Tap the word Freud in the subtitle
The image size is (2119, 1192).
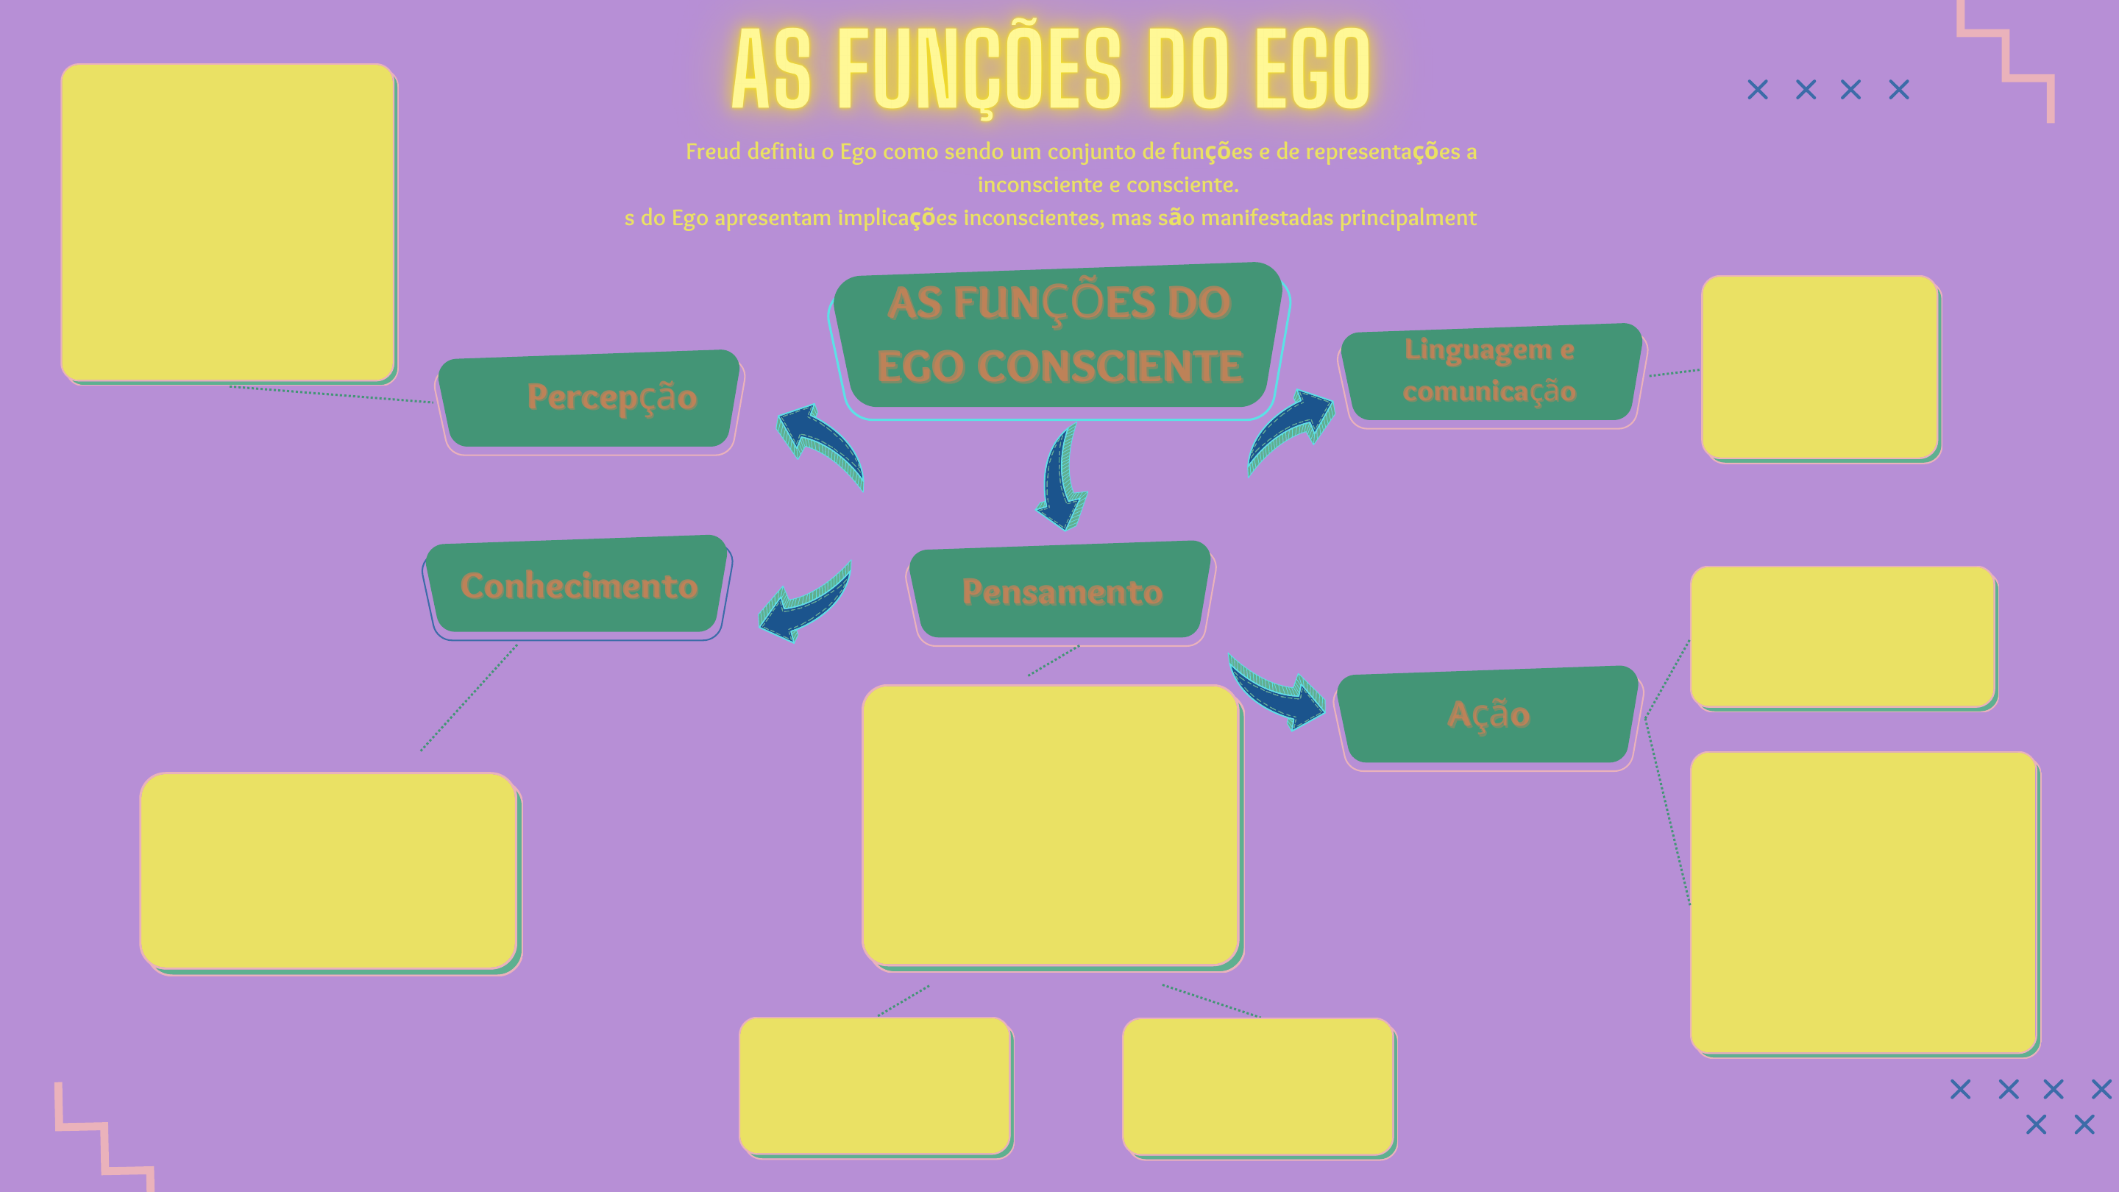(x=712, y=152)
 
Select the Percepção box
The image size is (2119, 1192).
(x=589, y=400)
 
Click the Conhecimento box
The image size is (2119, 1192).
(x=578, y=586)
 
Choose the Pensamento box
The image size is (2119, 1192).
(x=1060, y=592)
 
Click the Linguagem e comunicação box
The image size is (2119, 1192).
(x=1490, y=372)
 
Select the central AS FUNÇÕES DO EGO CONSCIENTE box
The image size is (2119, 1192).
(x=1059, y=336)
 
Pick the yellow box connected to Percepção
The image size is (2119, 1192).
(x=228, y=222)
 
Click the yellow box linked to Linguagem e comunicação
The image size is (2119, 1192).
(x=1820, y=367)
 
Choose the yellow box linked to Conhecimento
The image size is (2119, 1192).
(x=329, y=871)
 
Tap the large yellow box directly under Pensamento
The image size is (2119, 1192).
(x=1051, y=824)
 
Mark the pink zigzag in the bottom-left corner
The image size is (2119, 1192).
(x=103, y=1139)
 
